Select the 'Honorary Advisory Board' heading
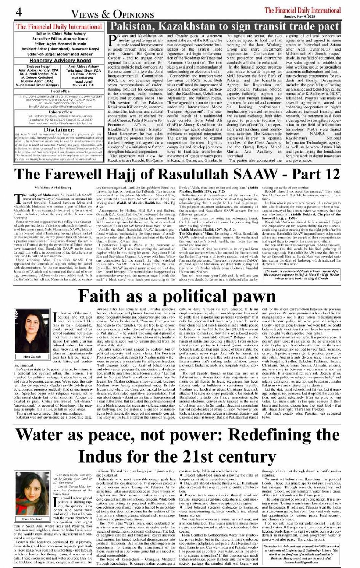tap(61, 61)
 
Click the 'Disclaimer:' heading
tap(59, 130)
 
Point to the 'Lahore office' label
tap(60, 112)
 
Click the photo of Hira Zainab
tap(32, 332)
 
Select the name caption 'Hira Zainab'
tap(32, 357)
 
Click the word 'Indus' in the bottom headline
tap(106, 456)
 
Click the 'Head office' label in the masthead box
tap(60, 91)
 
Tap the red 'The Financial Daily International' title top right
tap(302, 10)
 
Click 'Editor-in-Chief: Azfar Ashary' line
tap(60, 34)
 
